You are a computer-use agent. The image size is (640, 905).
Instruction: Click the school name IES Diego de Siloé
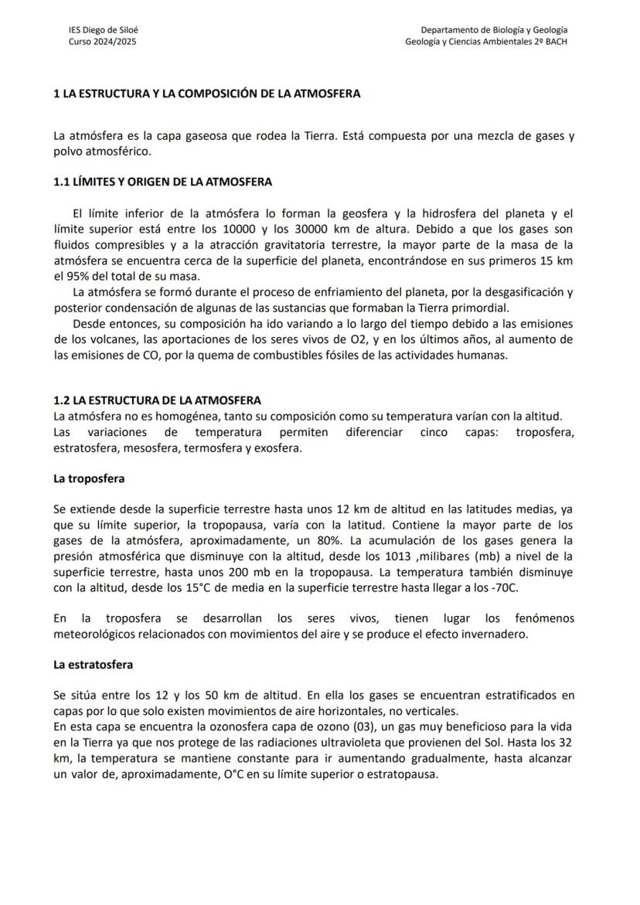click(x=104, y=30)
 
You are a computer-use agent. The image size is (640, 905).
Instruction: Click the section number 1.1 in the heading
click(x=61, y=182)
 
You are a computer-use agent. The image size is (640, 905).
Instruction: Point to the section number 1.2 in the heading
click(x=61, y=400)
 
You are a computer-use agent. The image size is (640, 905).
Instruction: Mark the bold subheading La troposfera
click(x=89, y=479)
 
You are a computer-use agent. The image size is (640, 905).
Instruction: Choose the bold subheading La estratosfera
click(x=93, y=665)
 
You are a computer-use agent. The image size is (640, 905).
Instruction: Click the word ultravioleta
click(x=364, y=743)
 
